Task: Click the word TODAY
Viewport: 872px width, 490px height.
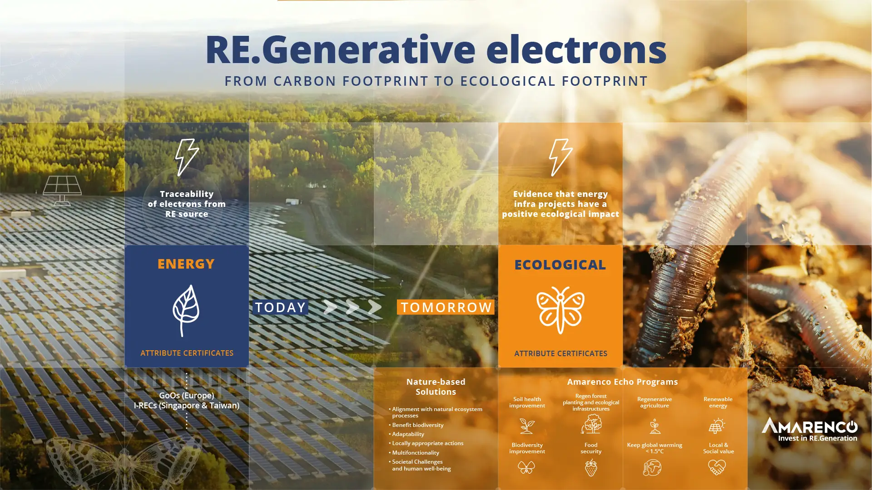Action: pyautogui.click(x=280, y=307)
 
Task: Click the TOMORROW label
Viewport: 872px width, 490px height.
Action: pyautogui.click(x=446, y=307)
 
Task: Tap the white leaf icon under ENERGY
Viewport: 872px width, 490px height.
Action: pyautogui.click(x=186, y=311)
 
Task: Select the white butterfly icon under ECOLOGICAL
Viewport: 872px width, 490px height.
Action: pyautogui.click(x=560, y=310)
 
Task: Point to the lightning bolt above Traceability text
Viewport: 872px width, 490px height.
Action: pyautogui.click(x=187, y=157)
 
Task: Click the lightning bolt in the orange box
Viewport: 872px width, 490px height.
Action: pyautogui.click(x=561, y=157)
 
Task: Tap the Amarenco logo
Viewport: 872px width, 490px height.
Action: pyautogui.click(x=810, y=429)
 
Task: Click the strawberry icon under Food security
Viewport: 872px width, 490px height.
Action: pyautogui.click(x=591, y=467)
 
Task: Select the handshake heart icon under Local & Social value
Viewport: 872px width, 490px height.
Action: pyautogui.click(x=717, y=467)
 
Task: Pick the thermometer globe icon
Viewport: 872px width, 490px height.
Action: pyautogui.click(x=652, y=468)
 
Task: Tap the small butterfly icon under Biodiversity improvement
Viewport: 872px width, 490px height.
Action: pyautogui.click(x=527, y=467)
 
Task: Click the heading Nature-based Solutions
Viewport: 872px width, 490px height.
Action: pyautogui.click(x=436, y=387)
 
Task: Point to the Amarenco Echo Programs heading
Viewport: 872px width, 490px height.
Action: pyautogui.click(x=622, y=382)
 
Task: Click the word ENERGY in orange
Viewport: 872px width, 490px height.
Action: pyautogui.click(x=186, y=264)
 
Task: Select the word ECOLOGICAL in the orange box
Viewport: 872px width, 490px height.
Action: pyautogui.click(x=560, y=265)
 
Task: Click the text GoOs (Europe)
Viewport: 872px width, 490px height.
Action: pyautogui.click(x=187, y=396)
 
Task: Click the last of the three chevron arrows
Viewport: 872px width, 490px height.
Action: pyautogui.click(x=375, y=307)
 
